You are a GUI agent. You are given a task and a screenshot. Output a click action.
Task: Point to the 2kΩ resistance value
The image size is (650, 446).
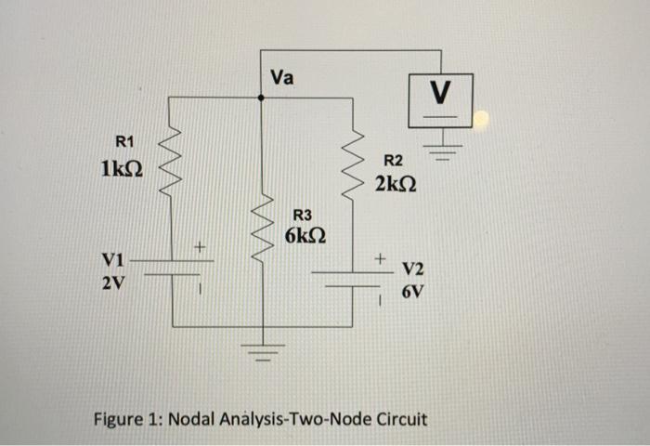[396, 186]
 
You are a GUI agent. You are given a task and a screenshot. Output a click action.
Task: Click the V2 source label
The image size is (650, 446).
[413, 269]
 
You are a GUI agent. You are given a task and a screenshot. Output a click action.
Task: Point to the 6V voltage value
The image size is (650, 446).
[412, 292]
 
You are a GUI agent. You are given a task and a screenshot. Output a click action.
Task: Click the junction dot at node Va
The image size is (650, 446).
[261, 96]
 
